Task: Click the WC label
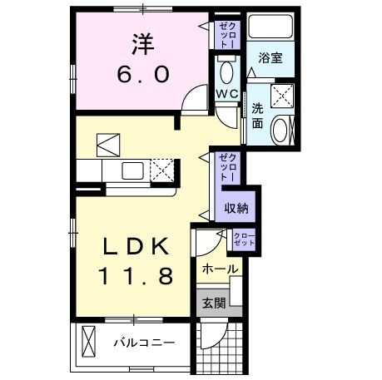(226, 94)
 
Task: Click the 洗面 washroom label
(257, 115)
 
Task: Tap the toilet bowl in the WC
(226, 69)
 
